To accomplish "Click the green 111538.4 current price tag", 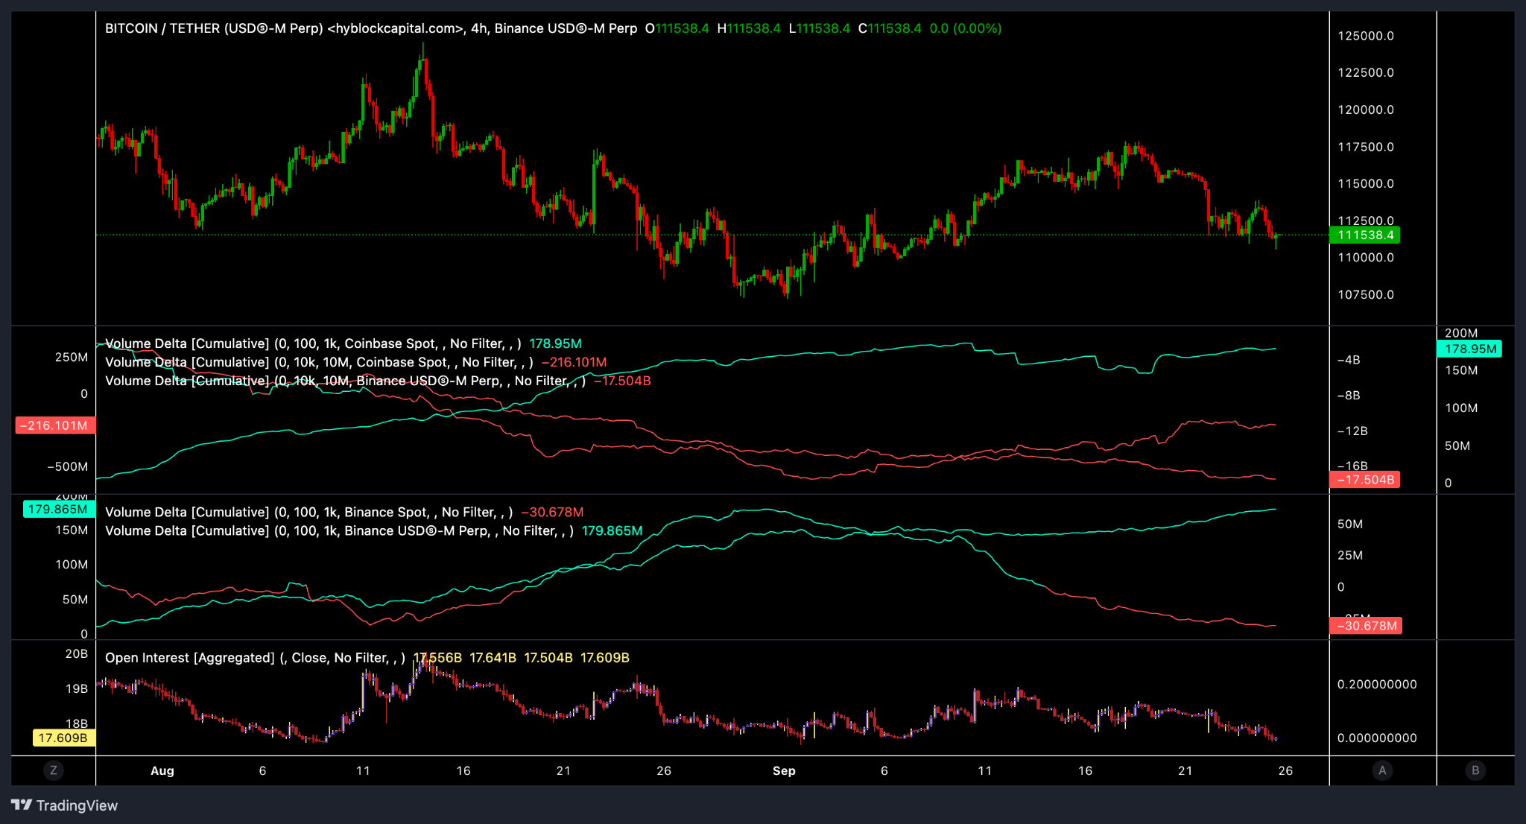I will click(1364, 235).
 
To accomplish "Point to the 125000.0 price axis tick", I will click(1365, 36).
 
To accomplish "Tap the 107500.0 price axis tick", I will click(1365, 295).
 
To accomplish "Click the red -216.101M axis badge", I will click(55, 426).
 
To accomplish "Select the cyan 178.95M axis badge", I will click(1469, 349).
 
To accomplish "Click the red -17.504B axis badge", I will click(1364, 480).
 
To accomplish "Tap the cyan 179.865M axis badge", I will click(58, 510).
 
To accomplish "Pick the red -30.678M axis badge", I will click(1366, 626).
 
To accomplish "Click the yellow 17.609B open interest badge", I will click(63, 738).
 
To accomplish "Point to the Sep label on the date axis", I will click(783, 771).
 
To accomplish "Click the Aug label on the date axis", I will click(162, 771).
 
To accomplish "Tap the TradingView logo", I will click(65, 805).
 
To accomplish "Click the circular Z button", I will click(53, 771).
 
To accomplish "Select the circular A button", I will click(1382, 771).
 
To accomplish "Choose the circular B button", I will click(1475, 771).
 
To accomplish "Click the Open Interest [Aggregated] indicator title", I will click(189, 658).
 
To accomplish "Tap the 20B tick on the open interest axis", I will click(76, 654).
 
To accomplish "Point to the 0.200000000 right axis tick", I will click(1377, 685).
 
